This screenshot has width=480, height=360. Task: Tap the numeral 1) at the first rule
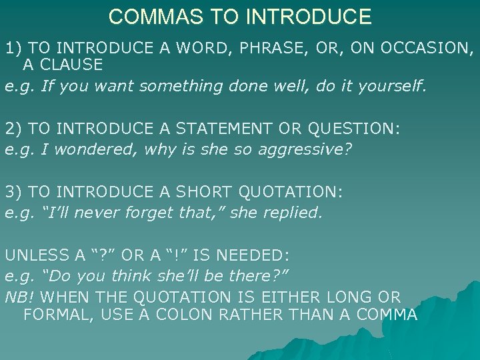coord(13,48)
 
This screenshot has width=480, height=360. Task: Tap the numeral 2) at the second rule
coord(13,129)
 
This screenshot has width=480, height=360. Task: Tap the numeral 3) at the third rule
coord(13,193)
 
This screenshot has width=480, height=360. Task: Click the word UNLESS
coord(35,255)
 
